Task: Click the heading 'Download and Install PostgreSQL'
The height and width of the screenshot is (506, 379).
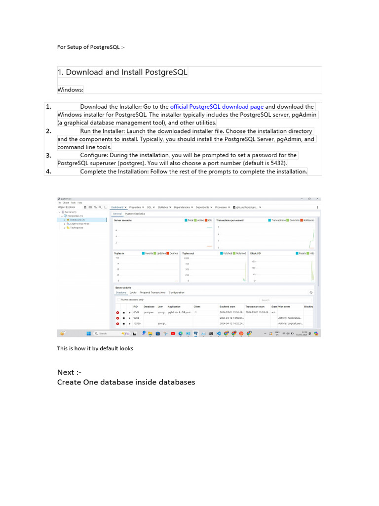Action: click(122, 72)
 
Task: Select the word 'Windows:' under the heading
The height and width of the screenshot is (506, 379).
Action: click(71, 90)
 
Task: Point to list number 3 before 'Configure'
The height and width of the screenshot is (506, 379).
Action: click(49, 155)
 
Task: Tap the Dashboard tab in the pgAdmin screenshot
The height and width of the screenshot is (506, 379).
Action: click(117, 207)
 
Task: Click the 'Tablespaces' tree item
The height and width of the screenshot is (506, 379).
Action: click(76, 228)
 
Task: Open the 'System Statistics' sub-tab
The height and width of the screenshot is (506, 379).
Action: click(135, 213)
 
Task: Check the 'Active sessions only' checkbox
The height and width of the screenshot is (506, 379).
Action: click(118, 299)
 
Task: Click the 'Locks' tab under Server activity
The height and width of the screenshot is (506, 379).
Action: click(133, 293)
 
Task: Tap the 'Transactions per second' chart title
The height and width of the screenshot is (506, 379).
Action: click(229, 220)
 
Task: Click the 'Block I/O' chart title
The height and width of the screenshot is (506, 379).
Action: click(256, 253)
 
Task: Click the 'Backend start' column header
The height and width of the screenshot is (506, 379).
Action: click(227, 307)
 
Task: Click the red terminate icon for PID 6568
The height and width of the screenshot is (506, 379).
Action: click(117, 312)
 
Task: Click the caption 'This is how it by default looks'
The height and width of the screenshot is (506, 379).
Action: click(95, 348)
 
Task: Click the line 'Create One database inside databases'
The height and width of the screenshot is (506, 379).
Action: click(126, 382)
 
